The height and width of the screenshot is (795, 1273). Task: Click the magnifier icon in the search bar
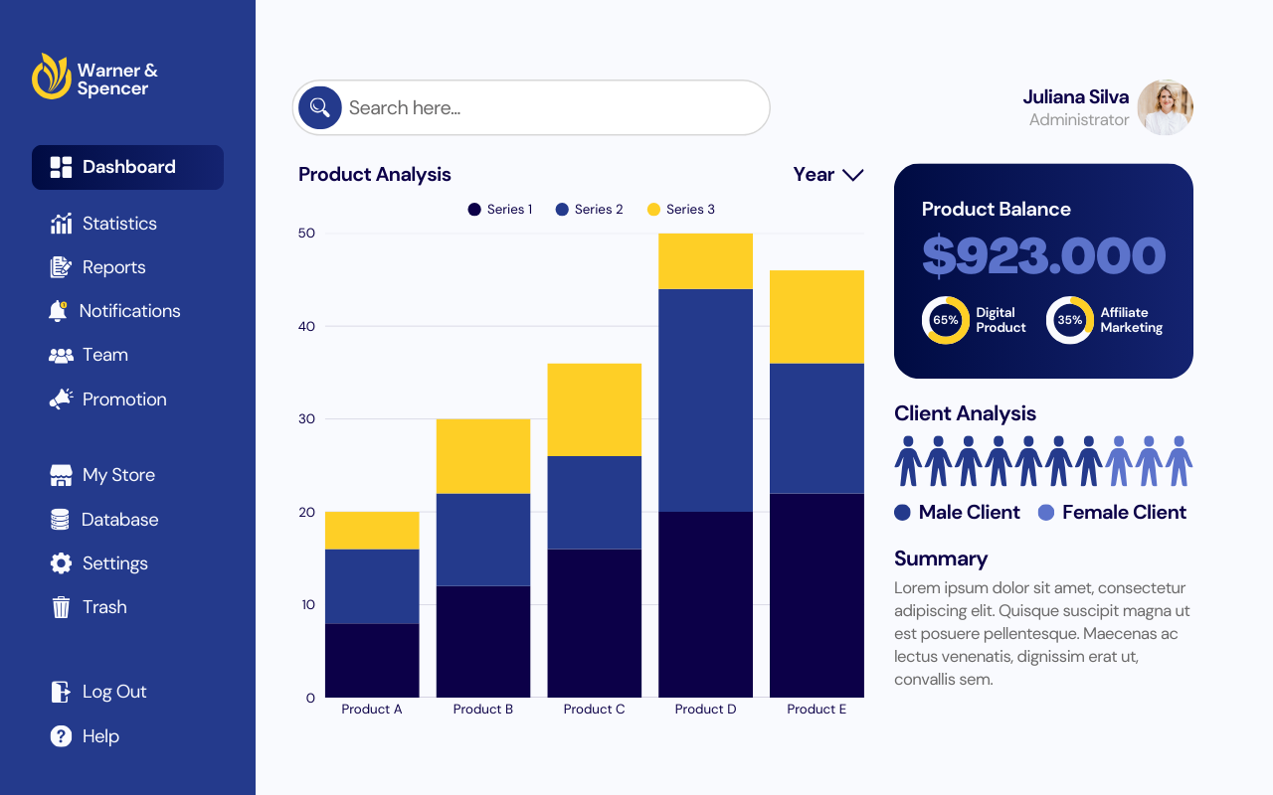click(320, 107)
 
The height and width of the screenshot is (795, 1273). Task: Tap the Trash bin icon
click(61, 607)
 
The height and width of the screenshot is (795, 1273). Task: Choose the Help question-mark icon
click(61, 736)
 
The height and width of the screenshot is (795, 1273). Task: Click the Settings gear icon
click(61, 563)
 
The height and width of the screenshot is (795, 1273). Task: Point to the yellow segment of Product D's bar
click(705, 261)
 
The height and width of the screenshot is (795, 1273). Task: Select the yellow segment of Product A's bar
click(372, 531)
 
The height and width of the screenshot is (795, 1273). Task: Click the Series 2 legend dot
click(562, 210)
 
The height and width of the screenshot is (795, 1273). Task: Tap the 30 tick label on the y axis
click(306, 419)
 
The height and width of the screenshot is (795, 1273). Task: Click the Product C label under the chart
click(594, 710)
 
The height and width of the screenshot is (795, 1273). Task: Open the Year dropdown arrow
click(852, 175)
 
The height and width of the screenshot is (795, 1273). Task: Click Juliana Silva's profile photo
click(1165, 107)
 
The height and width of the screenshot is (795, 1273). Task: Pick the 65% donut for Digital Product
click(945, 320)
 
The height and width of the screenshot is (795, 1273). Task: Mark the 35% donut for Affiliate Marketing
click(1069, 320)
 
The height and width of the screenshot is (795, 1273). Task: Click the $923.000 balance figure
click(1043, 256)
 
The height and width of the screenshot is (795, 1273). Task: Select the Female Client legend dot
click(1045, 513)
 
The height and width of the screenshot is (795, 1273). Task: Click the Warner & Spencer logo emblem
click(51, 77)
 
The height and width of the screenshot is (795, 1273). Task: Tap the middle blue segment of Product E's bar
click(817, 428)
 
